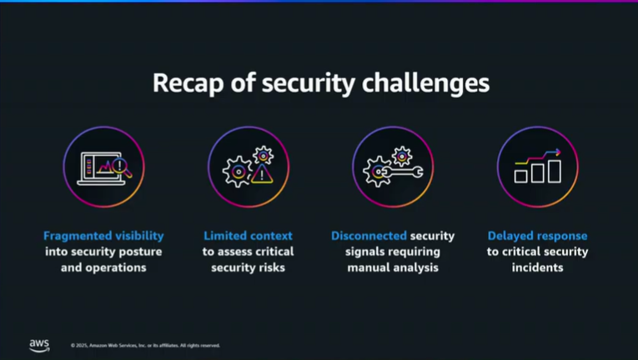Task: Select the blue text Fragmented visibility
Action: [x=103, y=236]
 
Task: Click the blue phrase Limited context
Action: [x=248, y=236]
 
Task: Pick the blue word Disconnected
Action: [x=369, y=236]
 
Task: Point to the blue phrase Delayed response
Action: [x=537, y=236]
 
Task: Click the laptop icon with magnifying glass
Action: [x=103, y=167]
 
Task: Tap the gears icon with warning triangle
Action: [x=248, y=167]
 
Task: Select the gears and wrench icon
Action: [x=393, y=167]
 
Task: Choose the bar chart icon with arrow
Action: [x=537, y=167]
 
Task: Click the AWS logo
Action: [x=39, y=343]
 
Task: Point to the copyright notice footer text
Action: [x=145, y=345]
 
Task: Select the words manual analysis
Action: [x=393, y=267]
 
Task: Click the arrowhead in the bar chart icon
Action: [x=556, y=153]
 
